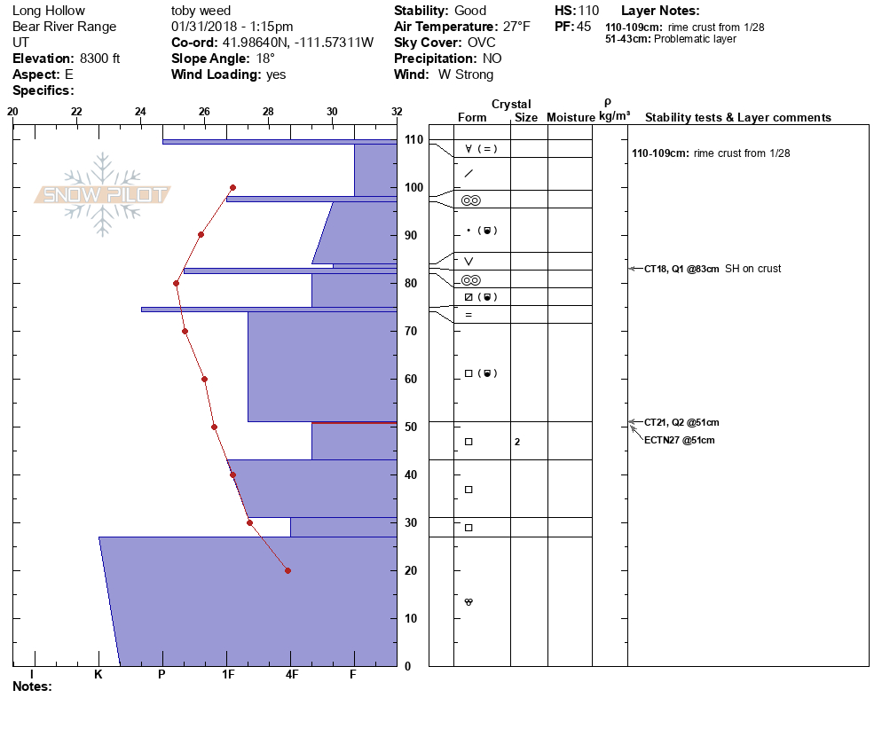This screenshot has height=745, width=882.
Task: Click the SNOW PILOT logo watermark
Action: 103,195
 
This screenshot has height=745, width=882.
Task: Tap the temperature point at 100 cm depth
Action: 232,187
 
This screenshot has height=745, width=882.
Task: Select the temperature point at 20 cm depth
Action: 287,570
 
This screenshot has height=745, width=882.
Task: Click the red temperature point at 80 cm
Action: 176,283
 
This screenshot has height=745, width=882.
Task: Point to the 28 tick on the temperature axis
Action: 269,112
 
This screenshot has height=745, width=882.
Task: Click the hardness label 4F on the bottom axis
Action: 291,675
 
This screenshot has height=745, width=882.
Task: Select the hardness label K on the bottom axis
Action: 98,675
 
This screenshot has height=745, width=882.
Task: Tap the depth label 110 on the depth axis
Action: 413,140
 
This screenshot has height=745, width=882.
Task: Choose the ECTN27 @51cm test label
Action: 679,440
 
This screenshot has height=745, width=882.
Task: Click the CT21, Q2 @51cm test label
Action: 681,422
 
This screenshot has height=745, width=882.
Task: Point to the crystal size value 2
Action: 517,442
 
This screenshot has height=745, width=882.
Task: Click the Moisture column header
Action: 571,118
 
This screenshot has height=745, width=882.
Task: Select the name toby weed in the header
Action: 201,11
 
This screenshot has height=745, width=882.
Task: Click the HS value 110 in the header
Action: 588,11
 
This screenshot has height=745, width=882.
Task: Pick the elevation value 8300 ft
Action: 99,59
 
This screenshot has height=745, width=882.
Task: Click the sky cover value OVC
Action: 481,43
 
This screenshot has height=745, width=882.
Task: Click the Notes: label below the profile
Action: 32,686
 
